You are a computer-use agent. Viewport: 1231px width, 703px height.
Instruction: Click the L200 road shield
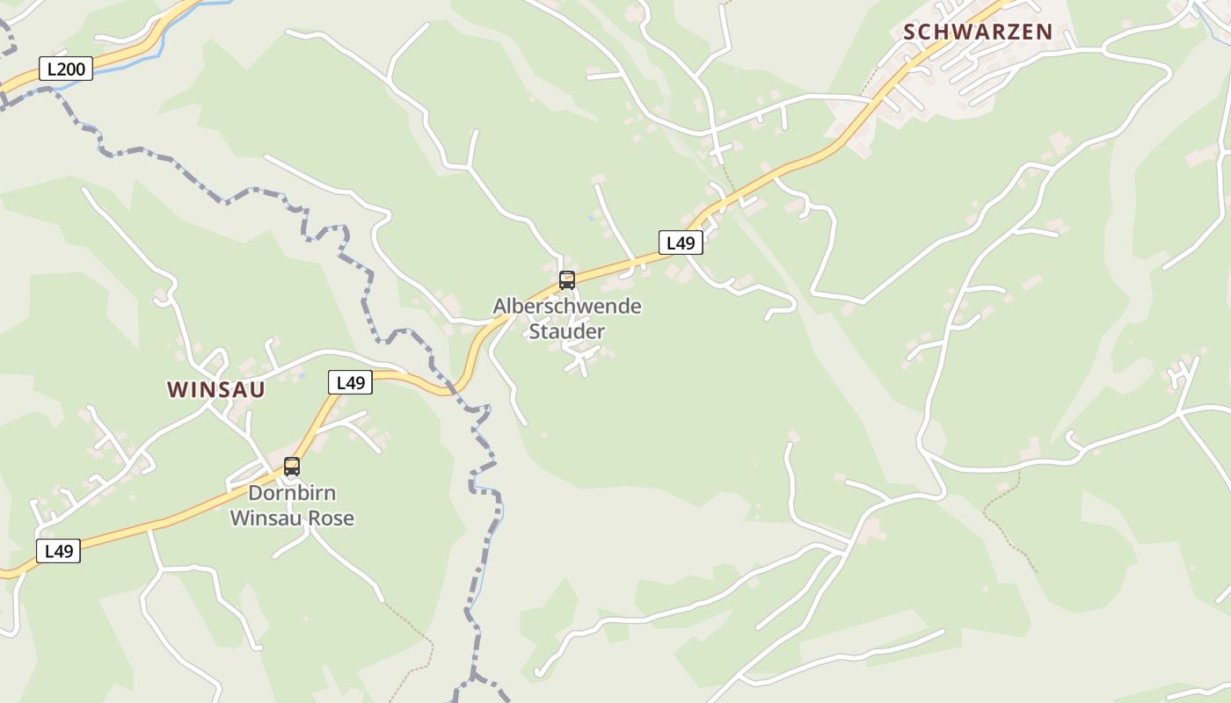pos(65,69)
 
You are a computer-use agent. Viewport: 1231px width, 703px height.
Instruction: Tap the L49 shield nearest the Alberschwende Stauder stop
pos(681,243)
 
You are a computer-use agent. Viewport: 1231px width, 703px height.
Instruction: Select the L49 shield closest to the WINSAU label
pos(350,382)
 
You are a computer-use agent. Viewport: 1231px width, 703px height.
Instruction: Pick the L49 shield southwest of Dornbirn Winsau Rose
pos(58,551)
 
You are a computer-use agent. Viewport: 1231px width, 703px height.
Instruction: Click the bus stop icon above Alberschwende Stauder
pos(567,280)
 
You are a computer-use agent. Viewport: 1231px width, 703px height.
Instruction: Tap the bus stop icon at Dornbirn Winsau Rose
pos(292,467)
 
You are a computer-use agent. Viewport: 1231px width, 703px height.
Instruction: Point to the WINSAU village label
pos(216,389)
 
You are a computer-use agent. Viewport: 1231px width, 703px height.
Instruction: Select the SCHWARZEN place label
pos(978,32)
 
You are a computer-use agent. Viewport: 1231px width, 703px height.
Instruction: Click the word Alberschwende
pos(567,307)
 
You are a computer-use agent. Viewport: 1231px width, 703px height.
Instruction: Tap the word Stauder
pos(567,331)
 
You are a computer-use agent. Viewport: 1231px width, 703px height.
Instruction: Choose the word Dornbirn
pos(292,492)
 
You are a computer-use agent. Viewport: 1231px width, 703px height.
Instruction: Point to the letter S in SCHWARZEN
pos(910,32)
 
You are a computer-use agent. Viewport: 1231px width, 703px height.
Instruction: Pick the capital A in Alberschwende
pos(499,307)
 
